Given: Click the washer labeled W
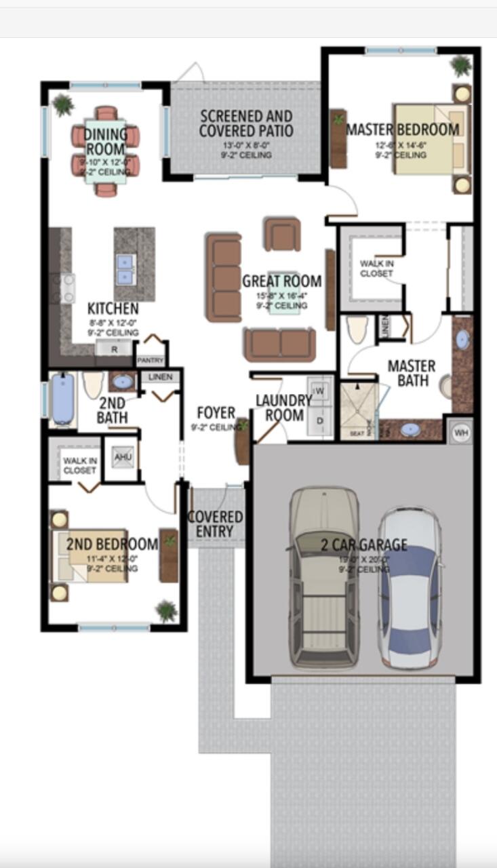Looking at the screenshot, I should [x=320, y=392].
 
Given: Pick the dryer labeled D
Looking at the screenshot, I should [x=320, y=421].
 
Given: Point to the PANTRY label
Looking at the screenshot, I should [x=151, y=360].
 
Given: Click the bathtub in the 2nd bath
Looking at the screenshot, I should [x=63, y=399].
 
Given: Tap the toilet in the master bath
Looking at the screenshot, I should [x=357, y=329].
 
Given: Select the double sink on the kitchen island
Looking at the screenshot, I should [x=125, y=269].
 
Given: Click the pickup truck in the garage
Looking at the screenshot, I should [x=324, y=576].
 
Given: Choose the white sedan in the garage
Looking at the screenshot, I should [x=410, y=587].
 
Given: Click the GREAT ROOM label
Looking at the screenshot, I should [x=281, y=281].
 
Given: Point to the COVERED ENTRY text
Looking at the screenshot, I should [x=215, y=524].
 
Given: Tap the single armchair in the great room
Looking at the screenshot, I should [x=282, y=235].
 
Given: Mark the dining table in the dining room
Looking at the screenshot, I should [x=106, y=151].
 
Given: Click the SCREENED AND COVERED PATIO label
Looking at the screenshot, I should [x=245, y=123].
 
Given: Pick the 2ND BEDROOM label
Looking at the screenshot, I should [x=112, y=544].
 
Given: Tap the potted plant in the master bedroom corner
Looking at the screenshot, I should [x=461, y=66].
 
